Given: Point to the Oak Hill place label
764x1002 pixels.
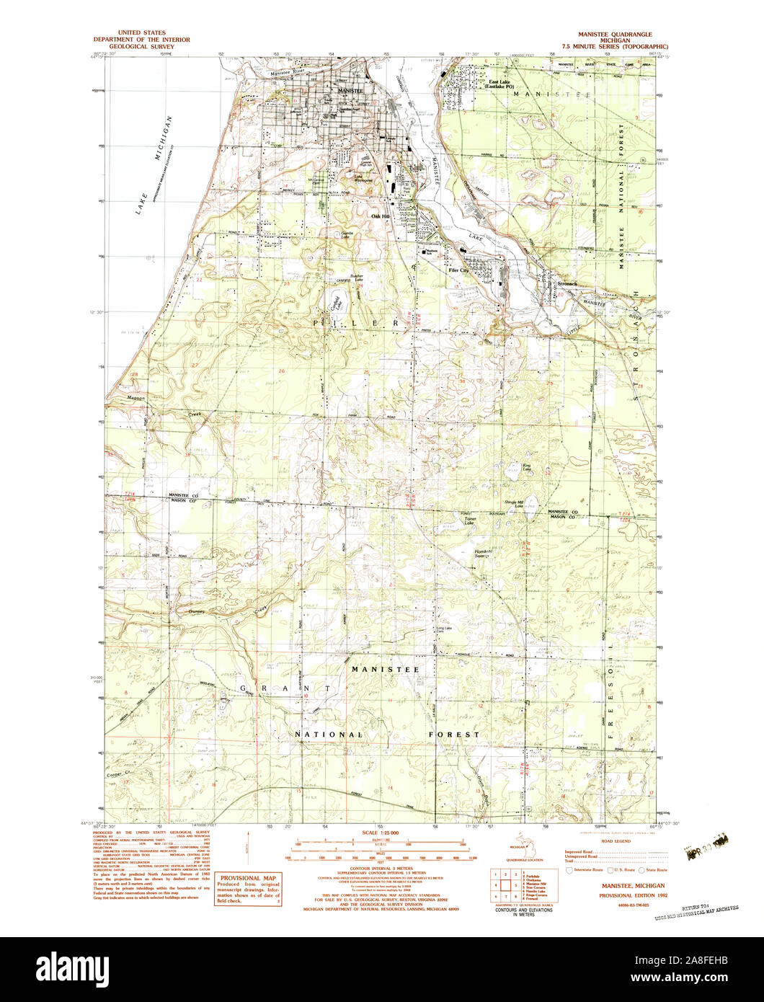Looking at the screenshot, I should point(379,216).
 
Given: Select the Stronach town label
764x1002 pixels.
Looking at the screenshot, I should point(567,284).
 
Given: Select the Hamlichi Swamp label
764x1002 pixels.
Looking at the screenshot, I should point(484,554).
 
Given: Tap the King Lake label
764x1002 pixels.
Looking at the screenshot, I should point(526,469).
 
